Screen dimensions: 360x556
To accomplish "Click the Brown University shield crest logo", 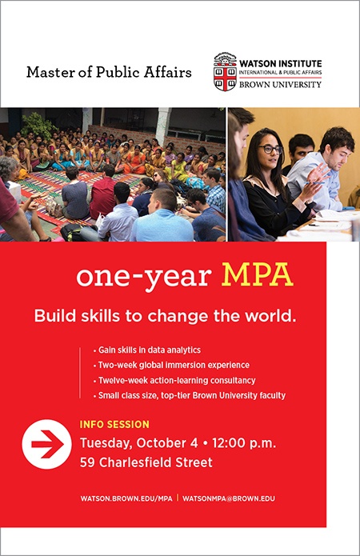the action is click(x=225, y=72).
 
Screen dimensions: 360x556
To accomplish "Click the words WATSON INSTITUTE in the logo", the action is click(x=280, y=64).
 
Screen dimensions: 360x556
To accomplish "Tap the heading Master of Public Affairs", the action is click(x=109, y=72).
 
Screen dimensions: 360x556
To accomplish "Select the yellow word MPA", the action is click(x=257, y=275).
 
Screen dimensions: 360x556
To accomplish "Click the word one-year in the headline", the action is click(x=144, y=278).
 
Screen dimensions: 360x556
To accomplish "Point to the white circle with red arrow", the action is click(x=46, y=444).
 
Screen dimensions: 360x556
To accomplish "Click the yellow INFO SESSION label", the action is click(x=114, y=425).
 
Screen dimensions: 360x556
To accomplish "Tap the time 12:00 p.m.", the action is click(x=244, y=443).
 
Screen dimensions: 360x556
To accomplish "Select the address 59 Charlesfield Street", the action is click(x=146, y=462).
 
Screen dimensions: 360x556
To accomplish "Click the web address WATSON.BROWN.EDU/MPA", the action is click(x=126, y=498).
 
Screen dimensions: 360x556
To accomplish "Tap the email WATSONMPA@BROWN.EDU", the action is click(x=229, y=498).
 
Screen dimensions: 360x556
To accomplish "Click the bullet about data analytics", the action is click(x=147, y=350).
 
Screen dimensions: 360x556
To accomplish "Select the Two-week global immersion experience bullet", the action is click(x=171, y=366).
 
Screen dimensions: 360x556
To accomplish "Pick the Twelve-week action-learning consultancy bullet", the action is click(x=174, y=381).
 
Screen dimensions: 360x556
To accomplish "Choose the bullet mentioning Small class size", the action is click(x=190, y=395).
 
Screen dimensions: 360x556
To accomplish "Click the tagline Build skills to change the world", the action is click(x=165, y=316).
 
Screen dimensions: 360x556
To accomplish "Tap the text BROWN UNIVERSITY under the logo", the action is click(x=280, y=84).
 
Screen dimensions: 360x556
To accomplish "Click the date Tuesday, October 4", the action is click(x=138, y=443).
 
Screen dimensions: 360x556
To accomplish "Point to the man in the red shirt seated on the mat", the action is click(x=102, y=194).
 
